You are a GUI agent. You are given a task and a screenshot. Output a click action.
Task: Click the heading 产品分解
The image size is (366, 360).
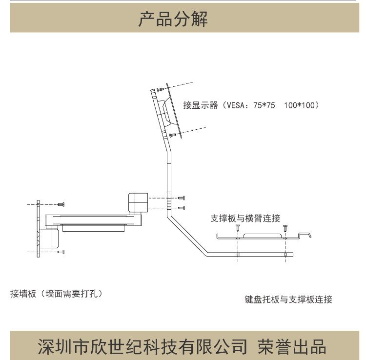click(173, 19)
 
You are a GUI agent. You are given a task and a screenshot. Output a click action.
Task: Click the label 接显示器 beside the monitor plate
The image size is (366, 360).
click(201, 105)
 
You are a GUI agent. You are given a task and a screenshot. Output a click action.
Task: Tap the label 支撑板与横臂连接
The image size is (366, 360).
click(245, 218)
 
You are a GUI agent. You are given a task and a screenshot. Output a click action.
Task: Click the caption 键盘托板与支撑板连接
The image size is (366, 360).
click(288, 300)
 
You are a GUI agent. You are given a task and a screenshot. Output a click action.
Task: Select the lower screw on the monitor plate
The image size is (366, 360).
click(172, 134)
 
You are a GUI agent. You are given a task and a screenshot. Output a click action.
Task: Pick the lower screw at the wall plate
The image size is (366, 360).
click(61, 252)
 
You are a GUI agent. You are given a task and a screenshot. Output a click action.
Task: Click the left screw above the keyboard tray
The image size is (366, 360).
click(238, 227)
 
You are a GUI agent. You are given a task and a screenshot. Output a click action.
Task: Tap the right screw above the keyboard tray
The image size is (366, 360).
click(286, 227)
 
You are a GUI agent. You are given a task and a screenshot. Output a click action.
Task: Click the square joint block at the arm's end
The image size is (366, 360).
click(138, 202)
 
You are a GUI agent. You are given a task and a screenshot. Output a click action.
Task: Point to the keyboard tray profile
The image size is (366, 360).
click(264, 237)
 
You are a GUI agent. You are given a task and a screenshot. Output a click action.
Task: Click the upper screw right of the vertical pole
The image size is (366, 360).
click(182, 198)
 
